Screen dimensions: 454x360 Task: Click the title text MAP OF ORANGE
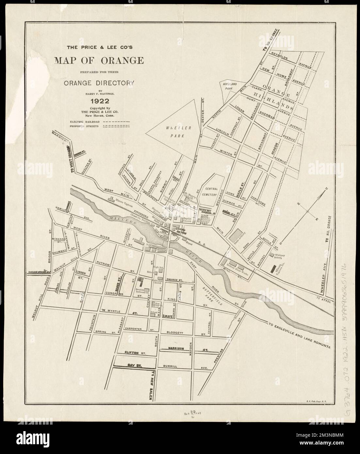(x=100, y=61)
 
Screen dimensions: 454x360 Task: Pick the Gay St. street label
(x=130, y=366)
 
